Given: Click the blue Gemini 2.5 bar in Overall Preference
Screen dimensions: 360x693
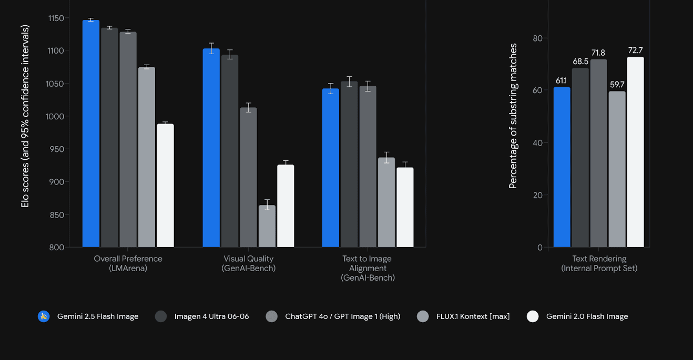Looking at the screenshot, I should (x=91, y=133).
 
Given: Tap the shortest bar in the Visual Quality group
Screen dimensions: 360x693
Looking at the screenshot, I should (x=267, y=226).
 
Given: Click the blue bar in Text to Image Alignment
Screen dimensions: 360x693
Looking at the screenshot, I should (x=331, y=168).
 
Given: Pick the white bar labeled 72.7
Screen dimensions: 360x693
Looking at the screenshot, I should (x=635, y=152).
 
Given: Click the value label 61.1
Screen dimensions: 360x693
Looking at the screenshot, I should (x=561, y=80).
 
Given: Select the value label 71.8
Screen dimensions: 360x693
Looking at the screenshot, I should (x=598, y=53).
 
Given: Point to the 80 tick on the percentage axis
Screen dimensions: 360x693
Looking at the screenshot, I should (x=537, y=38).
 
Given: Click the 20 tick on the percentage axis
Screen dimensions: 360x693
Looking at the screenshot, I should (x=537, y=195).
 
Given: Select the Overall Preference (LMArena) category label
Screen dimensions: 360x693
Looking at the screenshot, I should (x=128, y=263).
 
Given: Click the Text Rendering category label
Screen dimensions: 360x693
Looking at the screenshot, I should (x=599, y=263).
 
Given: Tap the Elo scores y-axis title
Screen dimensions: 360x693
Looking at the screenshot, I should (x=25, y=116).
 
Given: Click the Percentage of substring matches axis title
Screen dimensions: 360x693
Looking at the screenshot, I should (x=513, y=116).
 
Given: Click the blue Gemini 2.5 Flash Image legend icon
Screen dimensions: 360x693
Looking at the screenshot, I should (x=44, y=316).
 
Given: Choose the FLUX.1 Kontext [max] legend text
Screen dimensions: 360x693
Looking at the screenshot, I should (x=473, y=316).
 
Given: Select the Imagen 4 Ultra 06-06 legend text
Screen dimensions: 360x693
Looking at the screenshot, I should (x=211, y=316).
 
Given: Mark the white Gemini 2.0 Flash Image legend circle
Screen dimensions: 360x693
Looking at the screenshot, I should (x=533, y=316).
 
